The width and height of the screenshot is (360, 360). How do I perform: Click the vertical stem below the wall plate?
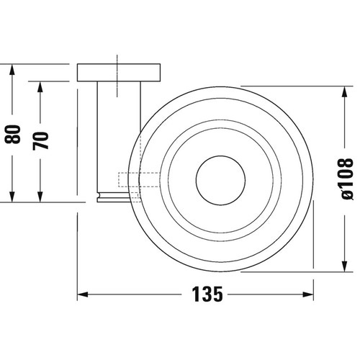tap(117, 137)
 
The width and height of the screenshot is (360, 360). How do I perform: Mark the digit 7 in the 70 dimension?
tap(43, 143)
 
